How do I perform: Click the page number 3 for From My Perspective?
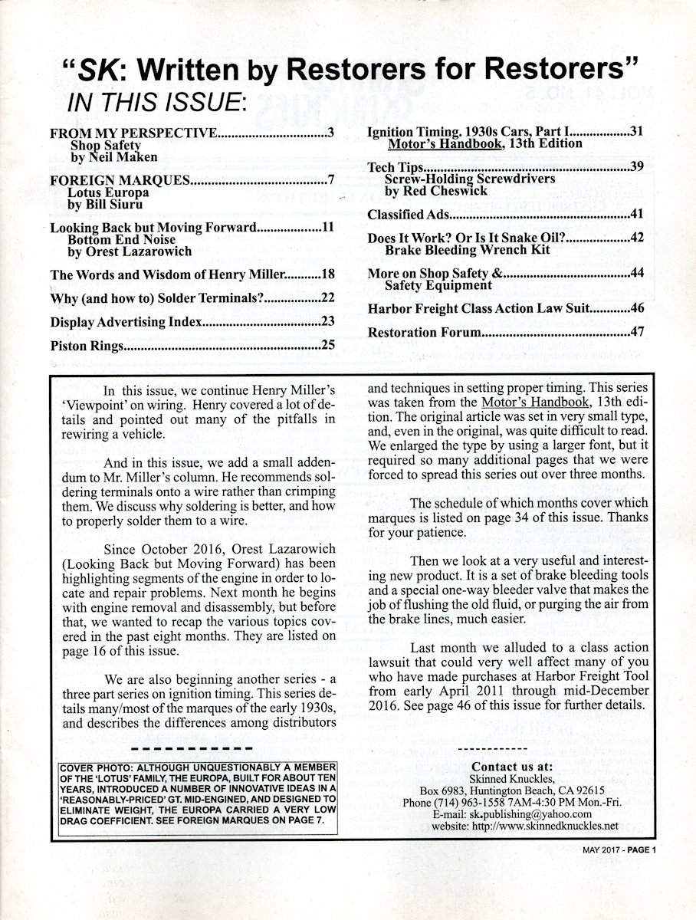pos(330,132)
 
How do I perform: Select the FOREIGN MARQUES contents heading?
pos(119,181)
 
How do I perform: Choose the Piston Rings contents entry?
pos(87,346)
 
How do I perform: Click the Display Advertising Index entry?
pos(126,322)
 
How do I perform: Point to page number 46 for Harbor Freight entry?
pos(637,309)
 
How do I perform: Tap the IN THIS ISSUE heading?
pos(156,101)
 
